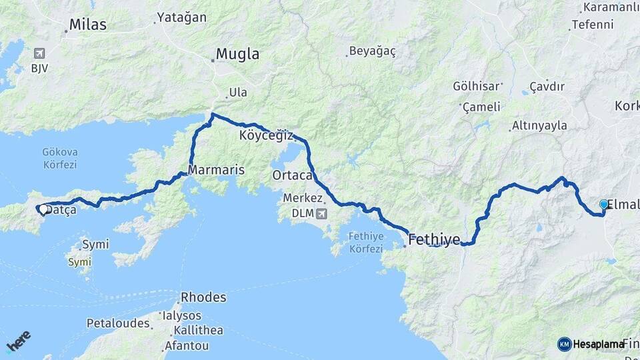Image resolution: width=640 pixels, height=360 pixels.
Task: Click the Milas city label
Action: tap(89, 25)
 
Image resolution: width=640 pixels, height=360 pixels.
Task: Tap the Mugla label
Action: tap(238, 55)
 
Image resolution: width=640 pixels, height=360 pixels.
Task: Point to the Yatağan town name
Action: tap(181, 18)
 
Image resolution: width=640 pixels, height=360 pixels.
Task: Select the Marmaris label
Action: tap(216, 171)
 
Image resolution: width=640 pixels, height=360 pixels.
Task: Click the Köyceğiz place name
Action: tap(266, 135)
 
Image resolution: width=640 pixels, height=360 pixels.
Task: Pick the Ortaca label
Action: tap(292, 175)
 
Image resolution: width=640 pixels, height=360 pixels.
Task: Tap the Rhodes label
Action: tap(205, 297)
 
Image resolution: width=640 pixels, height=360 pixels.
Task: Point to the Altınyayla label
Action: tap(539, 126)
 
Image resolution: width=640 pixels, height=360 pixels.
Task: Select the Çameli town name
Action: tap(479, 107)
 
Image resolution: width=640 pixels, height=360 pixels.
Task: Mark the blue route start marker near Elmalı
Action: tap(604, 205)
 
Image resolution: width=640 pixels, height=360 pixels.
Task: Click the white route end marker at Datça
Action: tap(43, 209)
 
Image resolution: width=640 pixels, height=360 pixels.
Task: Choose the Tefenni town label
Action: tap(591, 25)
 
